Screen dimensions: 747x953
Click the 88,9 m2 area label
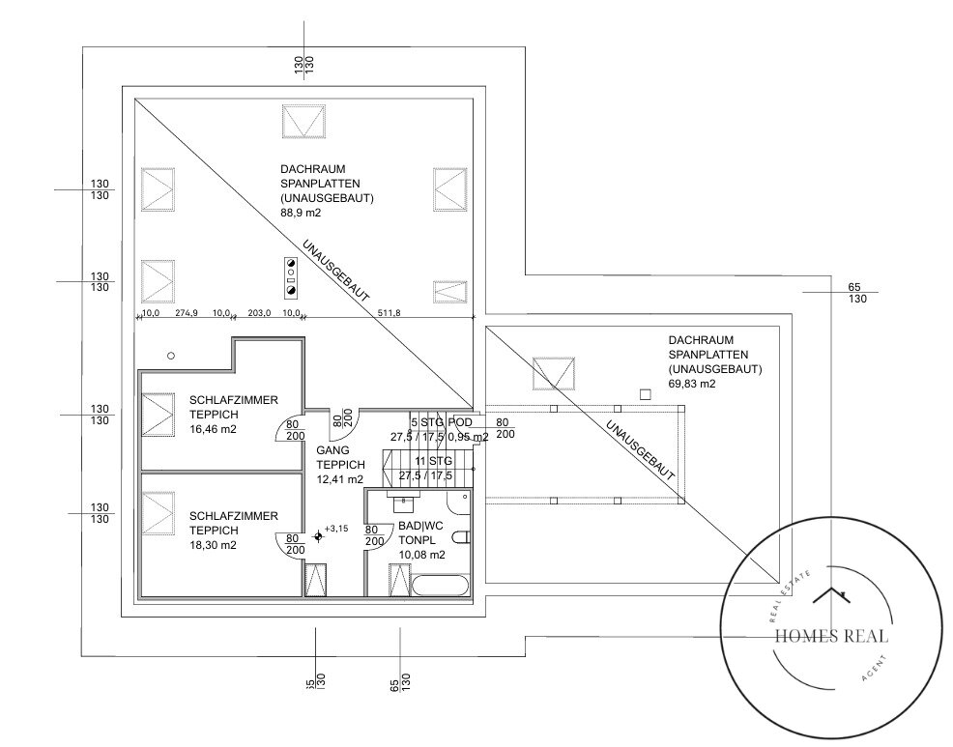(x=301, y=213)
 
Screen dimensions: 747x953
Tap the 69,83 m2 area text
(x=692, y=384)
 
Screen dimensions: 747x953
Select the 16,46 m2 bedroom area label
(x=213, y=430)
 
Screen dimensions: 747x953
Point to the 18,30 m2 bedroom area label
(x=213, y=545)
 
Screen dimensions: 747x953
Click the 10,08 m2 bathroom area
(x=421, y=555)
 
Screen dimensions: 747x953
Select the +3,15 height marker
(x=335, y=529)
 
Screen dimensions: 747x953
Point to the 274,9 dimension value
(x=186, y=312)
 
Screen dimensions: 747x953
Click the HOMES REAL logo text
(x=831, y=636)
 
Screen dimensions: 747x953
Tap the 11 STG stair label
(x=432, y=462)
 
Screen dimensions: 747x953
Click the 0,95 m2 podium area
(x=468, y=437)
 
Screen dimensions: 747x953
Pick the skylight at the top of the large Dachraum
(x=303, y=124)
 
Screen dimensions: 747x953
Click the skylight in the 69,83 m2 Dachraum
(x=554, y=372)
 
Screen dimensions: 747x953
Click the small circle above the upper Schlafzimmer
(x=171, y=356)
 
